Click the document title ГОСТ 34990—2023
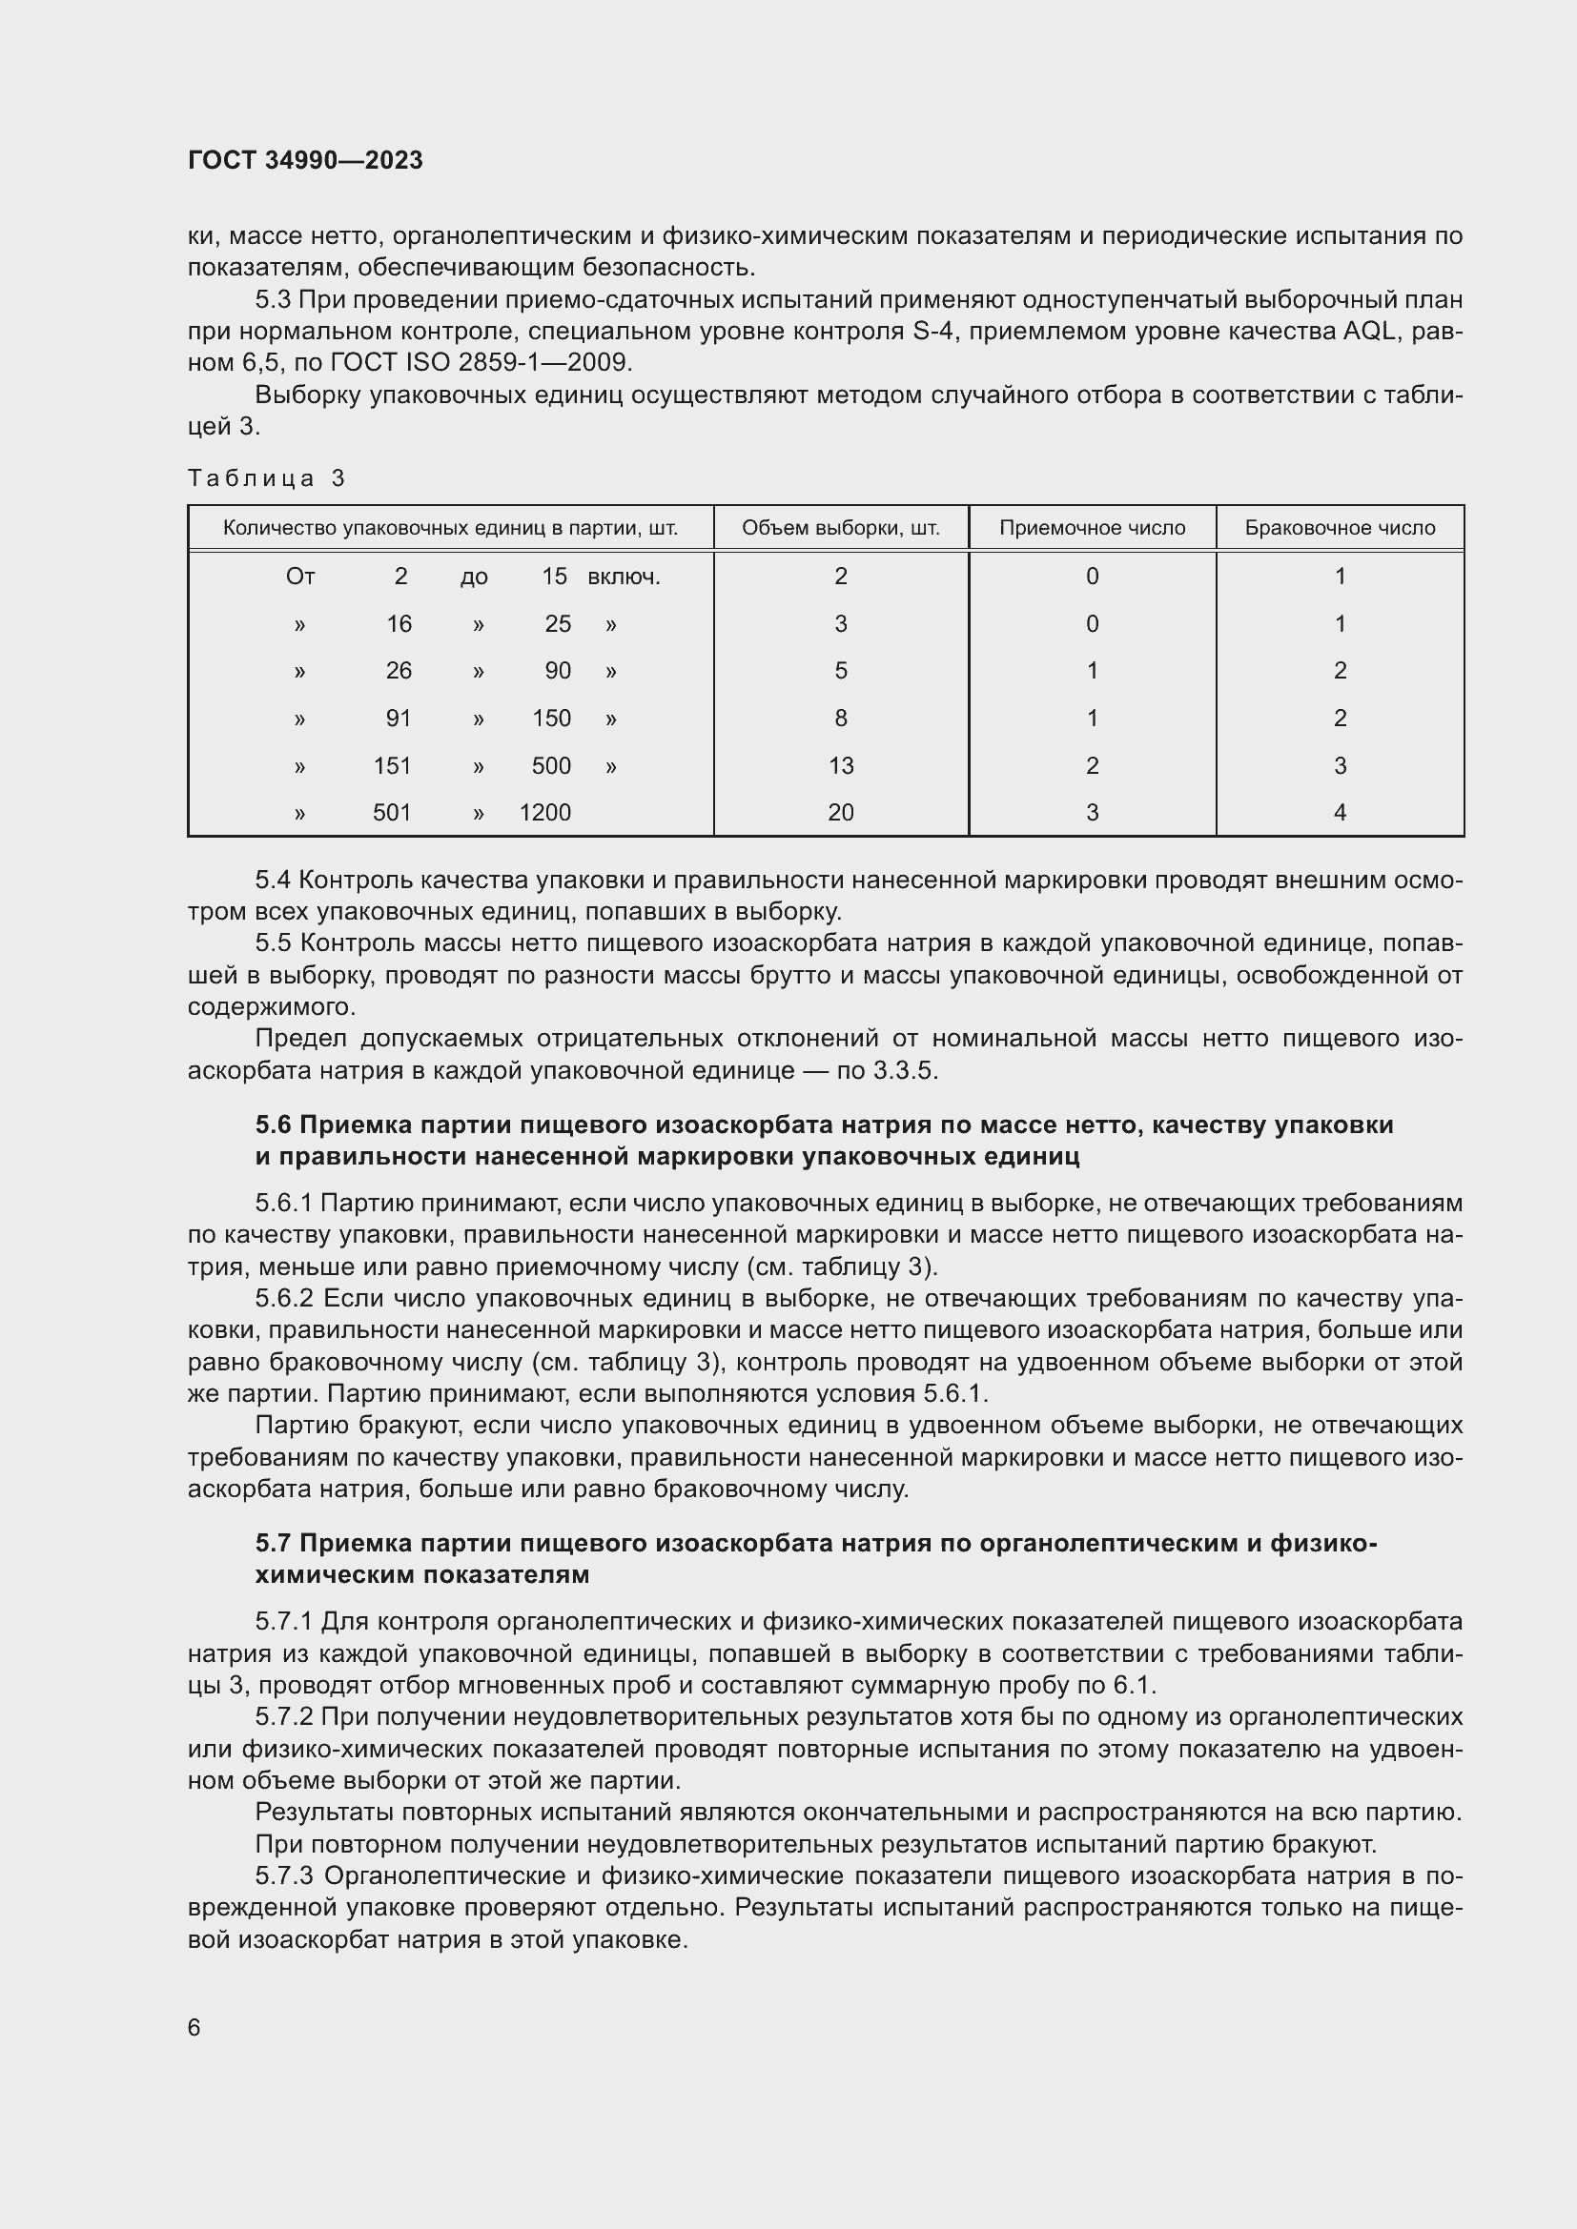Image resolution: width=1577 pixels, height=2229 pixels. [x=305, y=160]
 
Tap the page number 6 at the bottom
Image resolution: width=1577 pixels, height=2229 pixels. [x=195, y=2027]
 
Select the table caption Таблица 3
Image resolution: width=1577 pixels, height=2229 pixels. [x=266, y=477]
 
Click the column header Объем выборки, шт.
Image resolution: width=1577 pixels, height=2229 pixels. [x=840, y=528]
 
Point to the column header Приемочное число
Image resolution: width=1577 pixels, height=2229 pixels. [x=1092, y=528]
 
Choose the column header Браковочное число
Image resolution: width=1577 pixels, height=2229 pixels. [x=1339, y=528]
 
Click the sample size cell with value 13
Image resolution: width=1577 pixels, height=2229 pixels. [x=840, y=766]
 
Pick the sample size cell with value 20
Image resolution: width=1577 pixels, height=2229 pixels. [x=840, y=813]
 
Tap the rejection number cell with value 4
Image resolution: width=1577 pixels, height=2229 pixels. [x=1339, y=813]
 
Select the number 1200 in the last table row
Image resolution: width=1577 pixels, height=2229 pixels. [x=544, y=813]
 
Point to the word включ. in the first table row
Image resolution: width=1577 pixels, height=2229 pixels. [x=624, y=577]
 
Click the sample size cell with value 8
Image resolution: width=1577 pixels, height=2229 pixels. [x=840, y=719]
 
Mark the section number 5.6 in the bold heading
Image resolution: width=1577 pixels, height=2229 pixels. [x=273, y=1125]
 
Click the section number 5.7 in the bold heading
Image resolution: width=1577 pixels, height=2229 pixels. [x=273, y=1544]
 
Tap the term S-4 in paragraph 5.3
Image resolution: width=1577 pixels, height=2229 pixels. [x=936, y=331]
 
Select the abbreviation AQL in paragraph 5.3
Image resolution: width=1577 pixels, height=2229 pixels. [x=1369, y=331]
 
